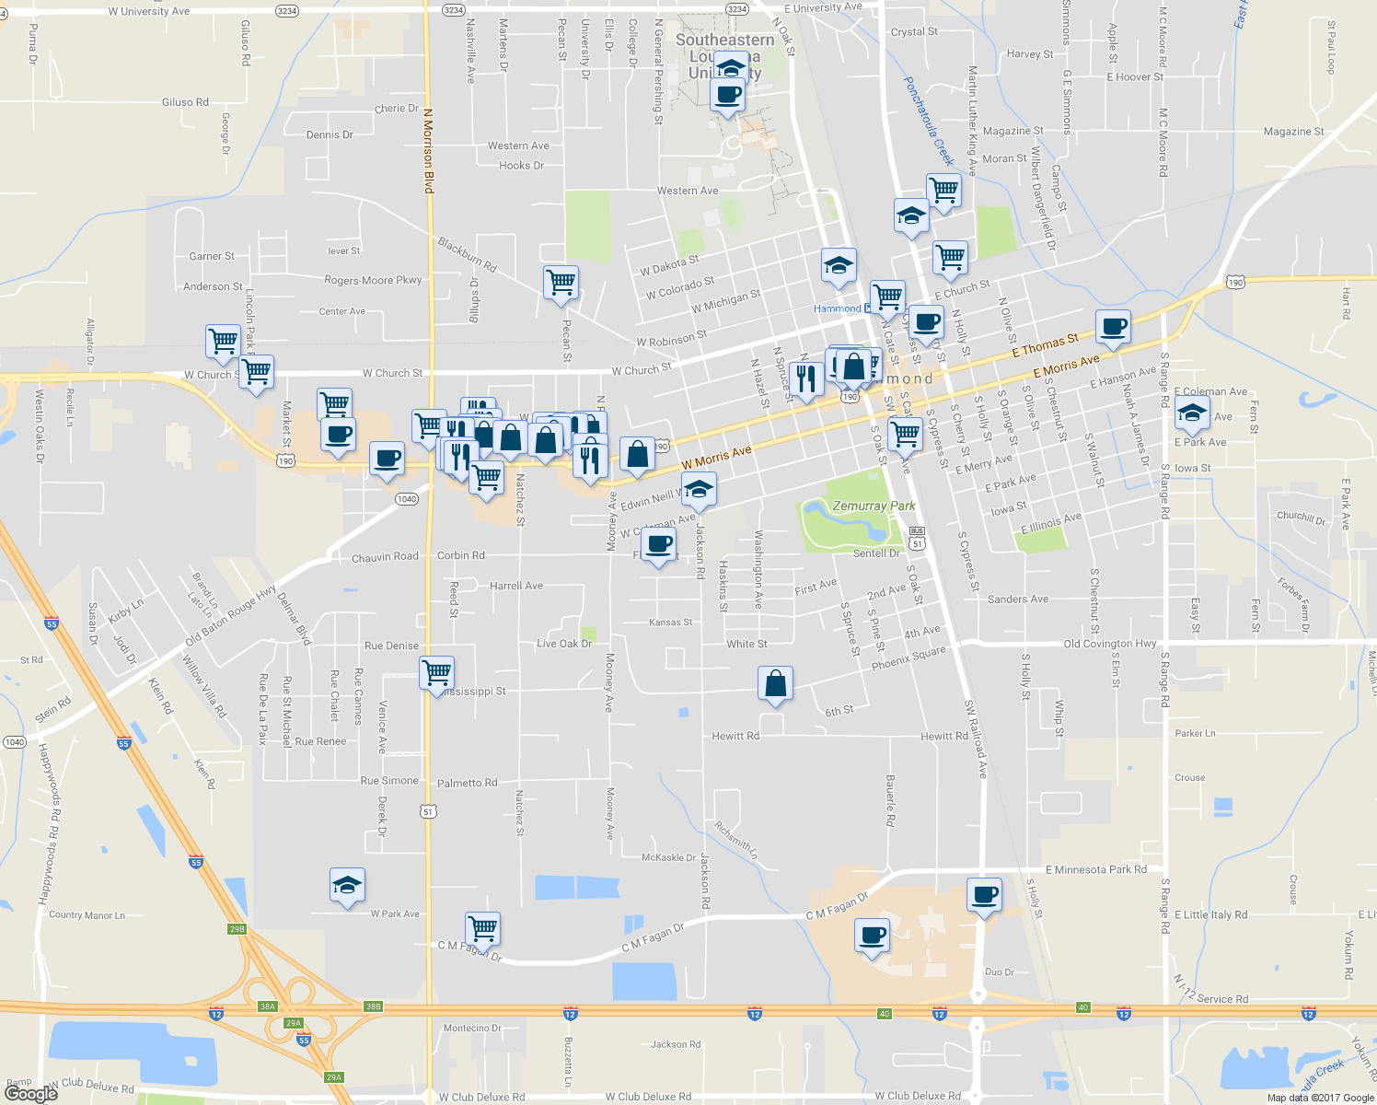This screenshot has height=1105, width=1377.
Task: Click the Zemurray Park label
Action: coord(874,506)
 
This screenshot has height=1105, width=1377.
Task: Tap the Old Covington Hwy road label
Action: coord(1109,644)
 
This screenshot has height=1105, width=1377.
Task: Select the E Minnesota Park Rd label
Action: coord(1095,869)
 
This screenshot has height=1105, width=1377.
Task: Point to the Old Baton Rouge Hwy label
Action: coord(230,615)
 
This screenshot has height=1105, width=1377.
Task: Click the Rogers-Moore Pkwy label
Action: coord(373,280)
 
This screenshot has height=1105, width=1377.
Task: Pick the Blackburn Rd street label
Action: coord(467,254)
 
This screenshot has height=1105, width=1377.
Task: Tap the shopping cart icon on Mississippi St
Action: coord(436,671)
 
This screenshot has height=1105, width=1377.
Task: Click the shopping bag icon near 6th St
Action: coord(775,684)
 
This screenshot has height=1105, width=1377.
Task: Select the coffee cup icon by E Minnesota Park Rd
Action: coord(984,894)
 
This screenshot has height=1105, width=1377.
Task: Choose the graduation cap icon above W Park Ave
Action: coord(347,886)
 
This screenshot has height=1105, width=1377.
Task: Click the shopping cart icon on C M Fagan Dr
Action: coord(482,928)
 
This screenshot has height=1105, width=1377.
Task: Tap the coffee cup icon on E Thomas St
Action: coord(1113,327)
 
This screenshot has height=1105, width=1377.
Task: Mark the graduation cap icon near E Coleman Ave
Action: coord(1192,413)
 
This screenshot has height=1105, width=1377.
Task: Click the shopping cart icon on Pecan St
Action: coord(561,282)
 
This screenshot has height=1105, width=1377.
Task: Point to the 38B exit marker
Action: coord(373,1006)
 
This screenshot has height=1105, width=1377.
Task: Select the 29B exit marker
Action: coord(237,929)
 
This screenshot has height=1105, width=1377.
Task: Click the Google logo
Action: coord(30,1093)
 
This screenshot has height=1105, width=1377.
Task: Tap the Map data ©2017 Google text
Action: coord(1320,1098)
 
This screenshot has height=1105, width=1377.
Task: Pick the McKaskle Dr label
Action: coord(668,857)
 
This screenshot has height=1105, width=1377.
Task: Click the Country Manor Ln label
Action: coord(87,915)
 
